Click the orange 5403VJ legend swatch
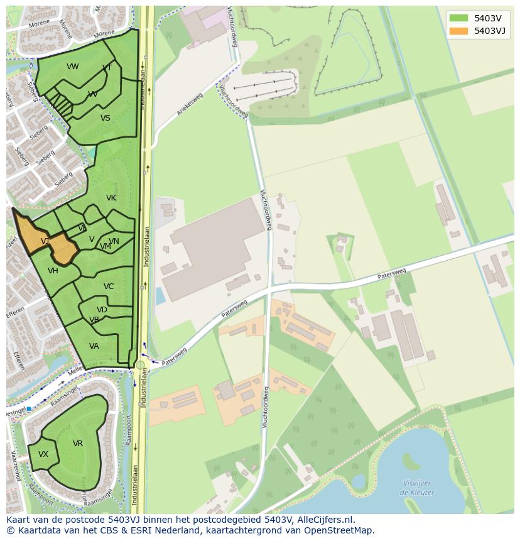(458, 31)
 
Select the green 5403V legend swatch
(458, 18)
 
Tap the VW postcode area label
(73, 67)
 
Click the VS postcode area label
(106, 118)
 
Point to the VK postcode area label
(111, 198)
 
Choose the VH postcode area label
(53, 271)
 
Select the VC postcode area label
(109, 287)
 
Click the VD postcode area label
(102, 310)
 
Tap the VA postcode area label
(94, 346)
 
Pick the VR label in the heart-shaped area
(78, 444)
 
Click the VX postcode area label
(43, 454)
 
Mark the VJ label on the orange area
(45, 241)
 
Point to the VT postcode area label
(107, 68)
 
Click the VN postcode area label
(114, 241)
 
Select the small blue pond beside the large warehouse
(160, 295)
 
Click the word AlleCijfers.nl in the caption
(322, 520)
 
